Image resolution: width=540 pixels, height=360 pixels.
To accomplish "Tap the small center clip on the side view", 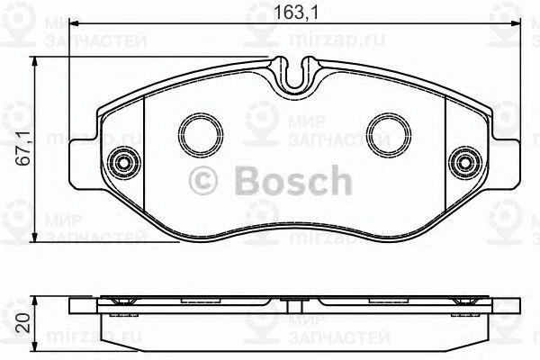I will tap(295, 300).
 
